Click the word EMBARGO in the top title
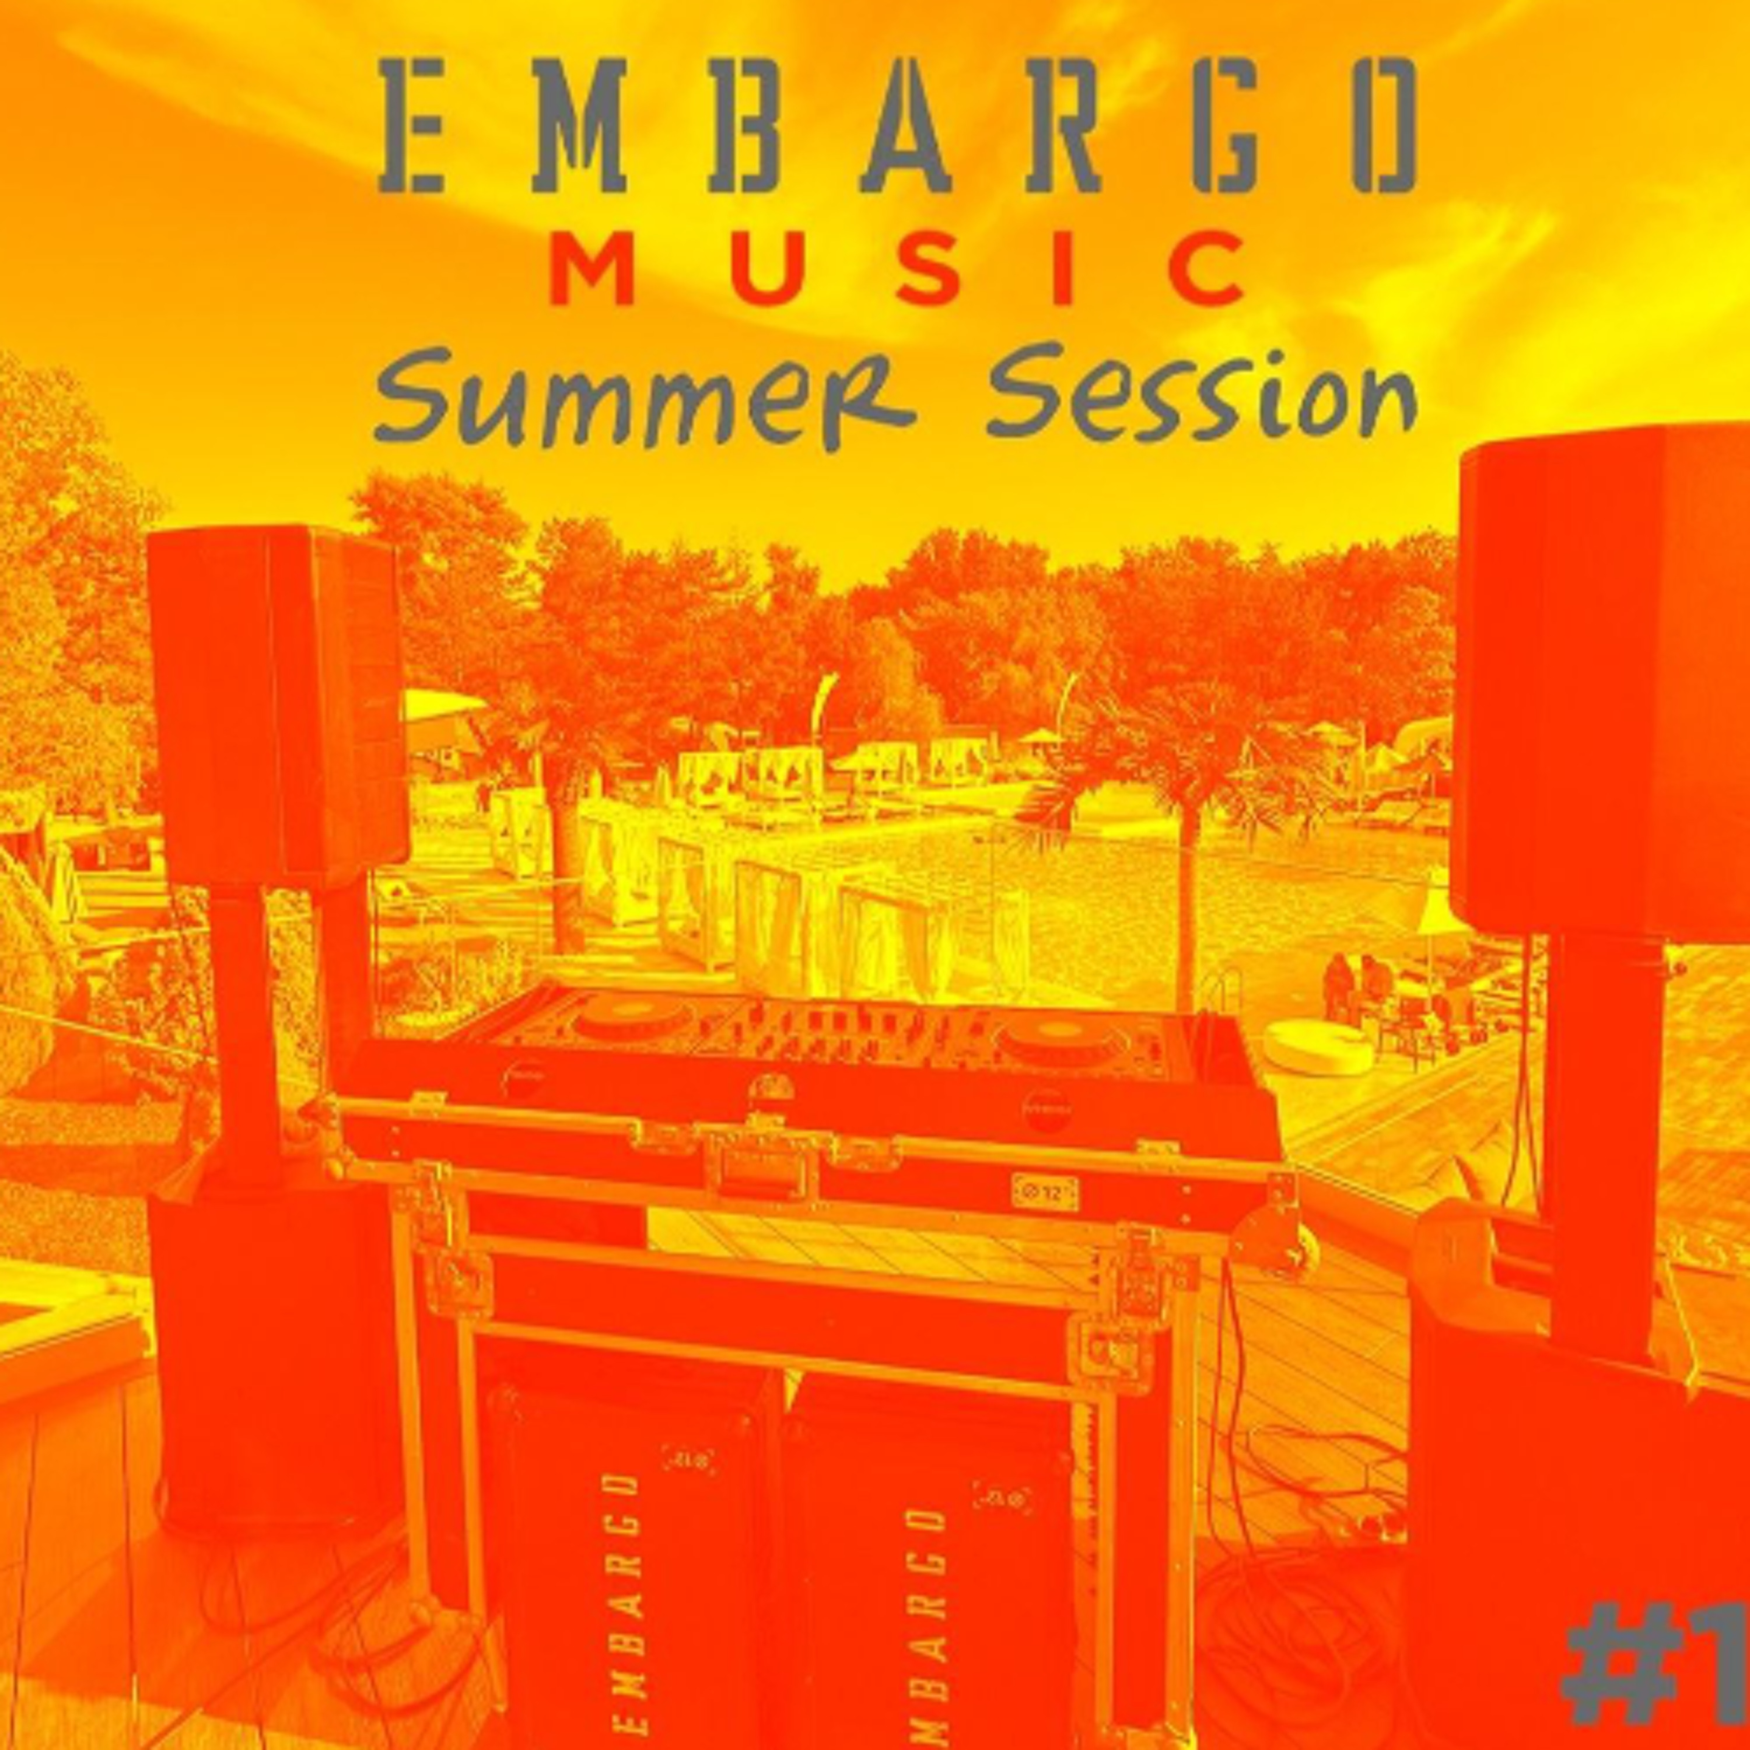[x=897, y=126]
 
